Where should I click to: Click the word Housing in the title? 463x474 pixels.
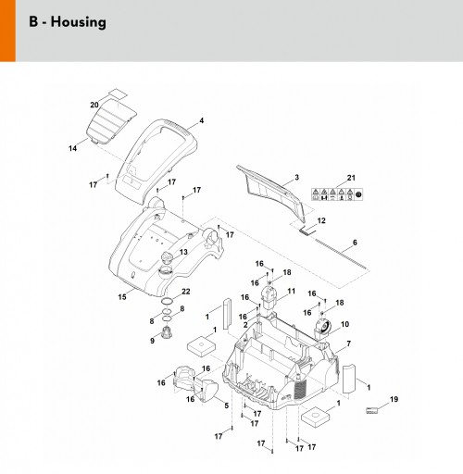coord(79,22)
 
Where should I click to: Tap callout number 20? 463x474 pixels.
coord(94,105)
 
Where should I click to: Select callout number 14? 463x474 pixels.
coord(72,148)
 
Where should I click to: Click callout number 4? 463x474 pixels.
coord(202,120)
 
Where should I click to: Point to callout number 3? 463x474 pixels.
coord(297,177)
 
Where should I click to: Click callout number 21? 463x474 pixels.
coord(351,178)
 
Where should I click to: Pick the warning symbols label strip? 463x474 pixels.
coord(337,194)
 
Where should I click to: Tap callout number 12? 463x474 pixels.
coord(321,220)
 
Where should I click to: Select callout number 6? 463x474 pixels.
coord(355,243)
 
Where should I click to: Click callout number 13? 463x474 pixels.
coord(183,252)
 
